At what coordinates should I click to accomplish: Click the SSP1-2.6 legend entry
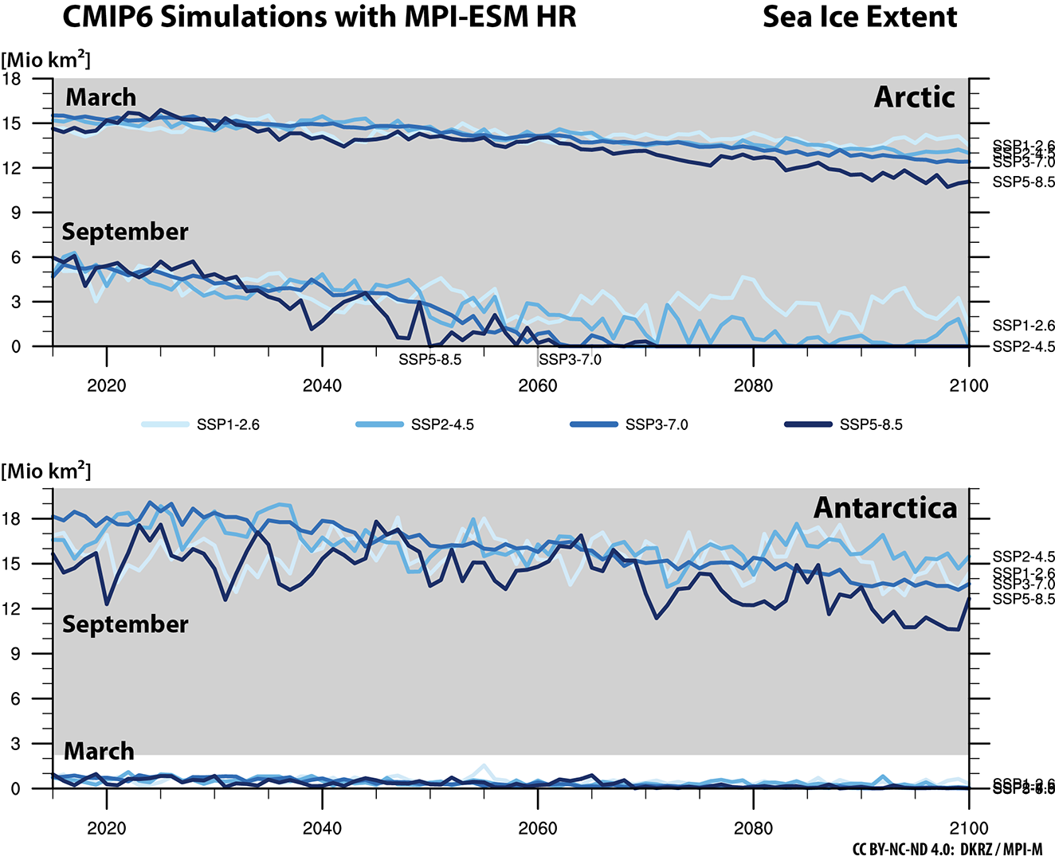coord(228,424)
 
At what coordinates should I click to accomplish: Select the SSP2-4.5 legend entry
coord(442,424)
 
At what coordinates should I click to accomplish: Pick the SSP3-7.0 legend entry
coord(657,424)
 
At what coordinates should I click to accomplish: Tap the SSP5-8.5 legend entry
coord(871,424)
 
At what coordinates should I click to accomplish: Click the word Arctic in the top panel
coord(914,97)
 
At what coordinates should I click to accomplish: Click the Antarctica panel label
coord(884,508)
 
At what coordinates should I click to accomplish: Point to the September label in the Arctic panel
coord(125,232)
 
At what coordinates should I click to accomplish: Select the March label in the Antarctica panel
coord(99,751)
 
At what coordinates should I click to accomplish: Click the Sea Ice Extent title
coord(860,18)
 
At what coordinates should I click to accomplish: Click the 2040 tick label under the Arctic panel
coord(322,386)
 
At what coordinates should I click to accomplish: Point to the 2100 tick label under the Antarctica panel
coord(968,829)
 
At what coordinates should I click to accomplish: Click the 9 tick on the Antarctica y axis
coord(16,654)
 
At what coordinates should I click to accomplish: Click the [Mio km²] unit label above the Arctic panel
coord(46,60)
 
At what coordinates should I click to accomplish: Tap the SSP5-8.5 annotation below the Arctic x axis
coord(429,360)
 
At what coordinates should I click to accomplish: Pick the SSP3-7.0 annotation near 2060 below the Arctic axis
coord(570,360)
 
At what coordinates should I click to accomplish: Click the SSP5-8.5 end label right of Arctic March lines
coord(1023,182)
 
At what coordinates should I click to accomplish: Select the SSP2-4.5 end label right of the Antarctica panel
coord(1023,557)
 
